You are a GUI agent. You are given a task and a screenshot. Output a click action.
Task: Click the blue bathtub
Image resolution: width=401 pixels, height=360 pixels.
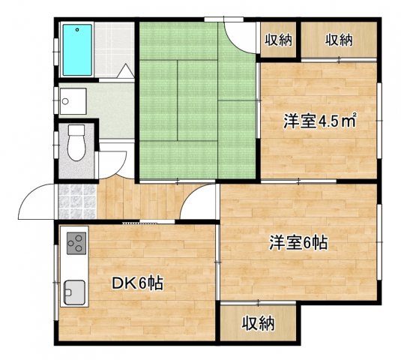point(76,49)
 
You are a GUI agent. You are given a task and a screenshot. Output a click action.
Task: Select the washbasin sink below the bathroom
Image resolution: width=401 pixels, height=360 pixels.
point(71,99)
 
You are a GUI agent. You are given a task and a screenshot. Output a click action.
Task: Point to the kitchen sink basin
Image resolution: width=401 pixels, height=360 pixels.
point(73,289)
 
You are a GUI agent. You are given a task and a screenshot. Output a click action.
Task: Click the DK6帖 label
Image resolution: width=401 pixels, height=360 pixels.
point(139,283)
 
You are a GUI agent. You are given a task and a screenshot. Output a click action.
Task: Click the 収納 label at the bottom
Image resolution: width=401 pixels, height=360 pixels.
point(259,325)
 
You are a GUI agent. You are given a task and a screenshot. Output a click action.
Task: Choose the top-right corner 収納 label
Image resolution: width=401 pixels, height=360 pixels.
point(339,40)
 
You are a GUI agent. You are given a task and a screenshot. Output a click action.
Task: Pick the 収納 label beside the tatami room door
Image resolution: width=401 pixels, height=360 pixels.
point(278,40)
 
